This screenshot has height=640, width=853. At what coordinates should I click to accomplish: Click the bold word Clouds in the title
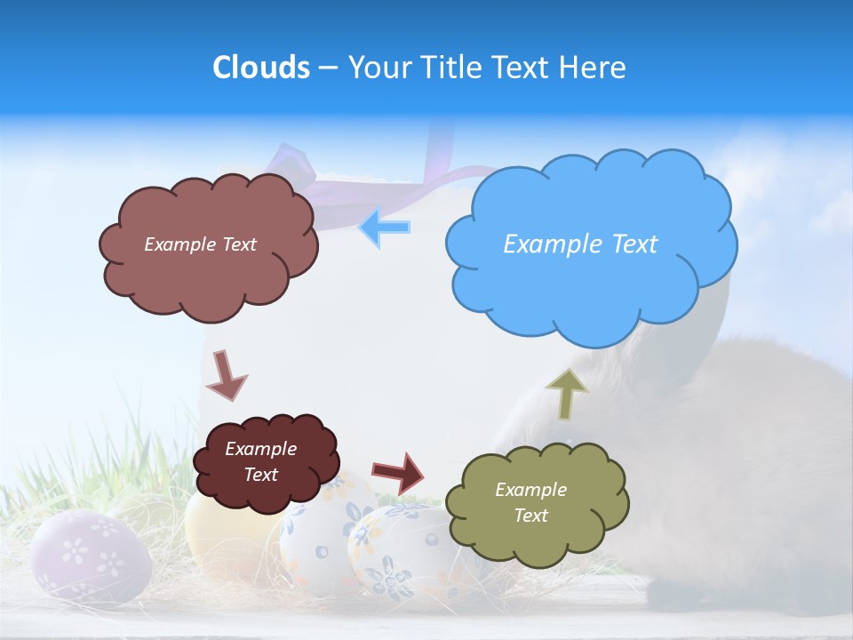click(x=261, y=68)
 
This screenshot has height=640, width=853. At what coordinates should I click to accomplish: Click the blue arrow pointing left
click(x=385, y=228)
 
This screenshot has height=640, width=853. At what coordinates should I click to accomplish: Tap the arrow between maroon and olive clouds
click(x=398, y=472)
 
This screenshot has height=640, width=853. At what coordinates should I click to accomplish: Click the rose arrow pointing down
click(x=226, y=375)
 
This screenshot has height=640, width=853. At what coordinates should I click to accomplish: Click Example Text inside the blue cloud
click(x=580, y=244)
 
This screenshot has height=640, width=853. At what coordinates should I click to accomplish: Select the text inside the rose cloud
click(x=200, y=244)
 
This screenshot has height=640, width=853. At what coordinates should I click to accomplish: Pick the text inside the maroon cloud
click(x=260, y=461)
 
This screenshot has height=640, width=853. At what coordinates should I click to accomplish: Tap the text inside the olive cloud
click(x=530, y=502)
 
